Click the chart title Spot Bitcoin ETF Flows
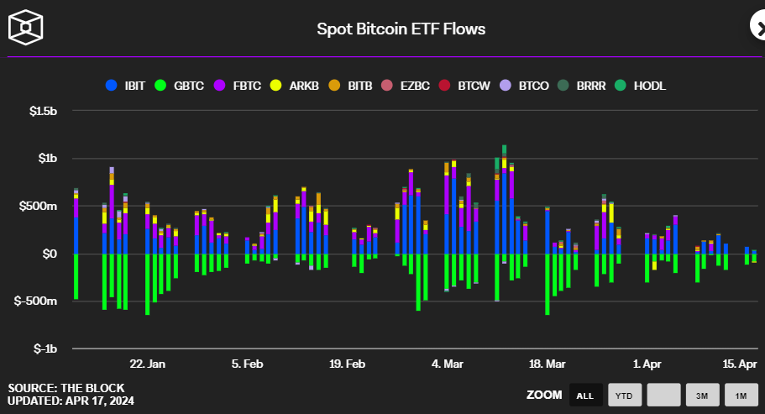pyautogui.click(x=401, y=29)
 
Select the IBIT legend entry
pyautogui.click(x=126, y=86)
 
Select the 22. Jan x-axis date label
pyautogui.click(x=148, y=364)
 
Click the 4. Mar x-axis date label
pyautogui.click(x=448, y=364)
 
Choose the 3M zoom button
pyautogui.click(x=702, y=395)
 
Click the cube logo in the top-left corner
pyautogui.click(x=25, y=27)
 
